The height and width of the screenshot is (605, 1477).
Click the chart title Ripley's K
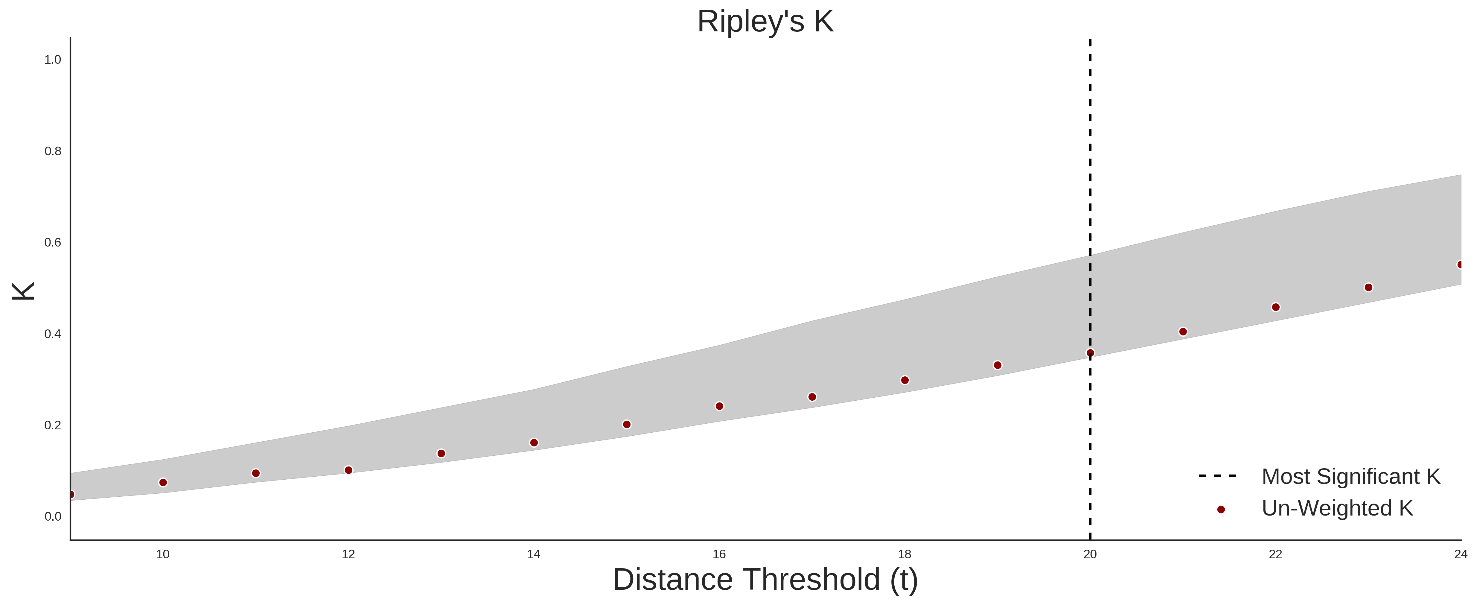click(x=765, y=22)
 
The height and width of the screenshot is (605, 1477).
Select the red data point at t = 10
click(x=163, y=482)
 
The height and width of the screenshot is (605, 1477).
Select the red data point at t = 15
click(x=627, y=424)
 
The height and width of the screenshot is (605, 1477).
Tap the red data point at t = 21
click(x=1183, y=332)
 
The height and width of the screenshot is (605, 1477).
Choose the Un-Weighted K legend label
click(x=1337, y=508)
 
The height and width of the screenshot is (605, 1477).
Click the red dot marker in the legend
click(x=1221, y=509)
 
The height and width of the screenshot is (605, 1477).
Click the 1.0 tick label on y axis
click(x=53, y=60)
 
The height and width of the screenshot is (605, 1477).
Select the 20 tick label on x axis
click(x=1090, y=554)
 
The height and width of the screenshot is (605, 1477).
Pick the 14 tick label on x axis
click(x=534, y=554)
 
